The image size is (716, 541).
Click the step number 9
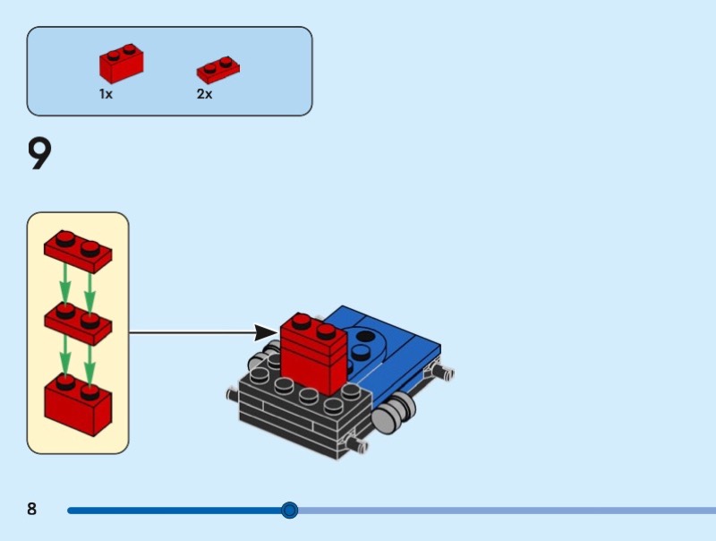point(40,154)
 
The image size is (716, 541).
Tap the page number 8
point(32,510)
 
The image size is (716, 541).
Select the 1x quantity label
point(106,94)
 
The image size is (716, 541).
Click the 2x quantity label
point(205,94)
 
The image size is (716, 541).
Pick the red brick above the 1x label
point(122,64)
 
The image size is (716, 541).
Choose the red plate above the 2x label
point(218,70)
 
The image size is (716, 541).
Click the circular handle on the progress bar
point(289,511)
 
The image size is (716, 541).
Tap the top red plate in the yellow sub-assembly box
point(78,250)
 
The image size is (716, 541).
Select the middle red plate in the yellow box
point(78,323)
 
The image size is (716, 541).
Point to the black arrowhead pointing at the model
point(266,333)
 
